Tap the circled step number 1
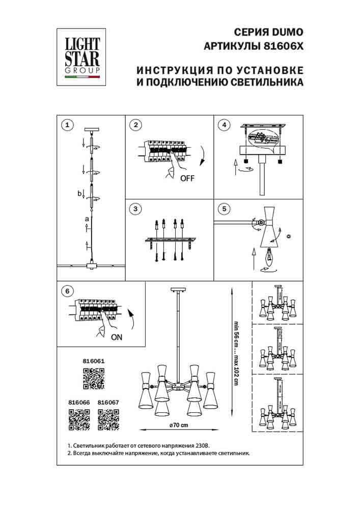coord(67,125)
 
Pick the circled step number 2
coord(135,125)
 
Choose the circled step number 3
coord(135,209)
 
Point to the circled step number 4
coord(223,125)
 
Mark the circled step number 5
coord(223,209)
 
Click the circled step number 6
coord(67,291)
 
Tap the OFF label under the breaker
coord(187,178)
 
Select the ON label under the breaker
coord(116,336)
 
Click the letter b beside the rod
coord(79,193)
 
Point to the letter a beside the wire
coord(87,219)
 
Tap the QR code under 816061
coord(93,379)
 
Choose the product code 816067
coord(108,402)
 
